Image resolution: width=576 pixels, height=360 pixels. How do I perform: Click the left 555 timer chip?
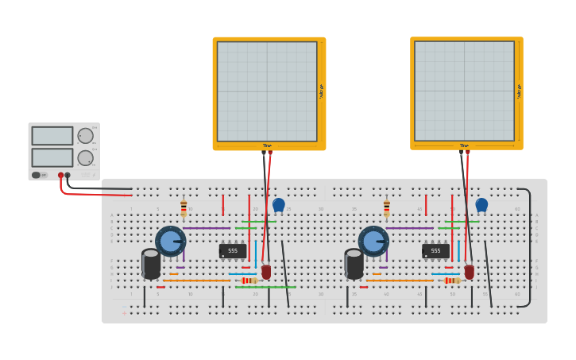232,250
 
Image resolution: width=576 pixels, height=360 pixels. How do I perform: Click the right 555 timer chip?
435,250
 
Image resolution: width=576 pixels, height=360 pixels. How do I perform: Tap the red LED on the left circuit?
266,272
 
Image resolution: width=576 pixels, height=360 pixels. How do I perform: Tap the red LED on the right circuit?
470,272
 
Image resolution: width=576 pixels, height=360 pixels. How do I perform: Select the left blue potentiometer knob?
170,241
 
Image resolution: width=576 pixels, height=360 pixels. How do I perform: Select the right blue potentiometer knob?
373,241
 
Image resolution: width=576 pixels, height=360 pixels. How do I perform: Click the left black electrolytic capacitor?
151,264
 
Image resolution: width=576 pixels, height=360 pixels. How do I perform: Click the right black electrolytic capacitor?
354,264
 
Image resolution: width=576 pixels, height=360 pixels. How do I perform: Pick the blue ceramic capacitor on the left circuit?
279,205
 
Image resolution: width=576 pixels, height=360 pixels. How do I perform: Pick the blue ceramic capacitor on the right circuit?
481,205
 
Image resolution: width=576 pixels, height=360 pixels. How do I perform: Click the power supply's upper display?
52,136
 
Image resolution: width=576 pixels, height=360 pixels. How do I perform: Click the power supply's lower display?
52,157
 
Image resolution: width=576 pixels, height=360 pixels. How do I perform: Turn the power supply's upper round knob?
85,136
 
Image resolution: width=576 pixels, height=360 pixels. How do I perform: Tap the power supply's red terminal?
60,175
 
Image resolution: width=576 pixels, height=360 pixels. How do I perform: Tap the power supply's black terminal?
68,175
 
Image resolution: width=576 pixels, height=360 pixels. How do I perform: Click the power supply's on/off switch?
37,175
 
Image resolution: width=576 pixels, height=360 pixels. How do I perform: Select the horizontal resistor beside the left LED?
249,281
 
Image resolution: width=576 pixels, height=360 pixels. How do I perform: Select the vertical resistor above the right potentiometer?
387,208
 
